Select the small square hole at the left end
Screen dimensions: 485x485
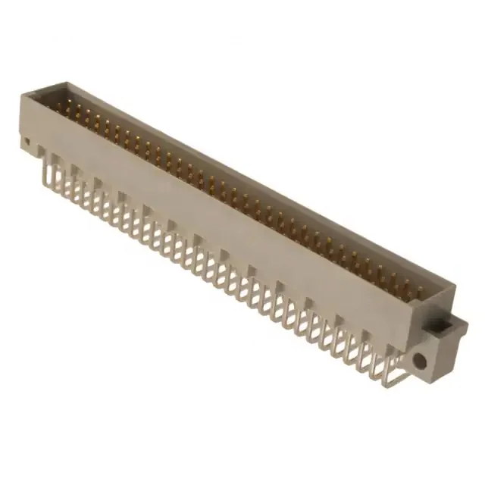coord(27,142)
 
